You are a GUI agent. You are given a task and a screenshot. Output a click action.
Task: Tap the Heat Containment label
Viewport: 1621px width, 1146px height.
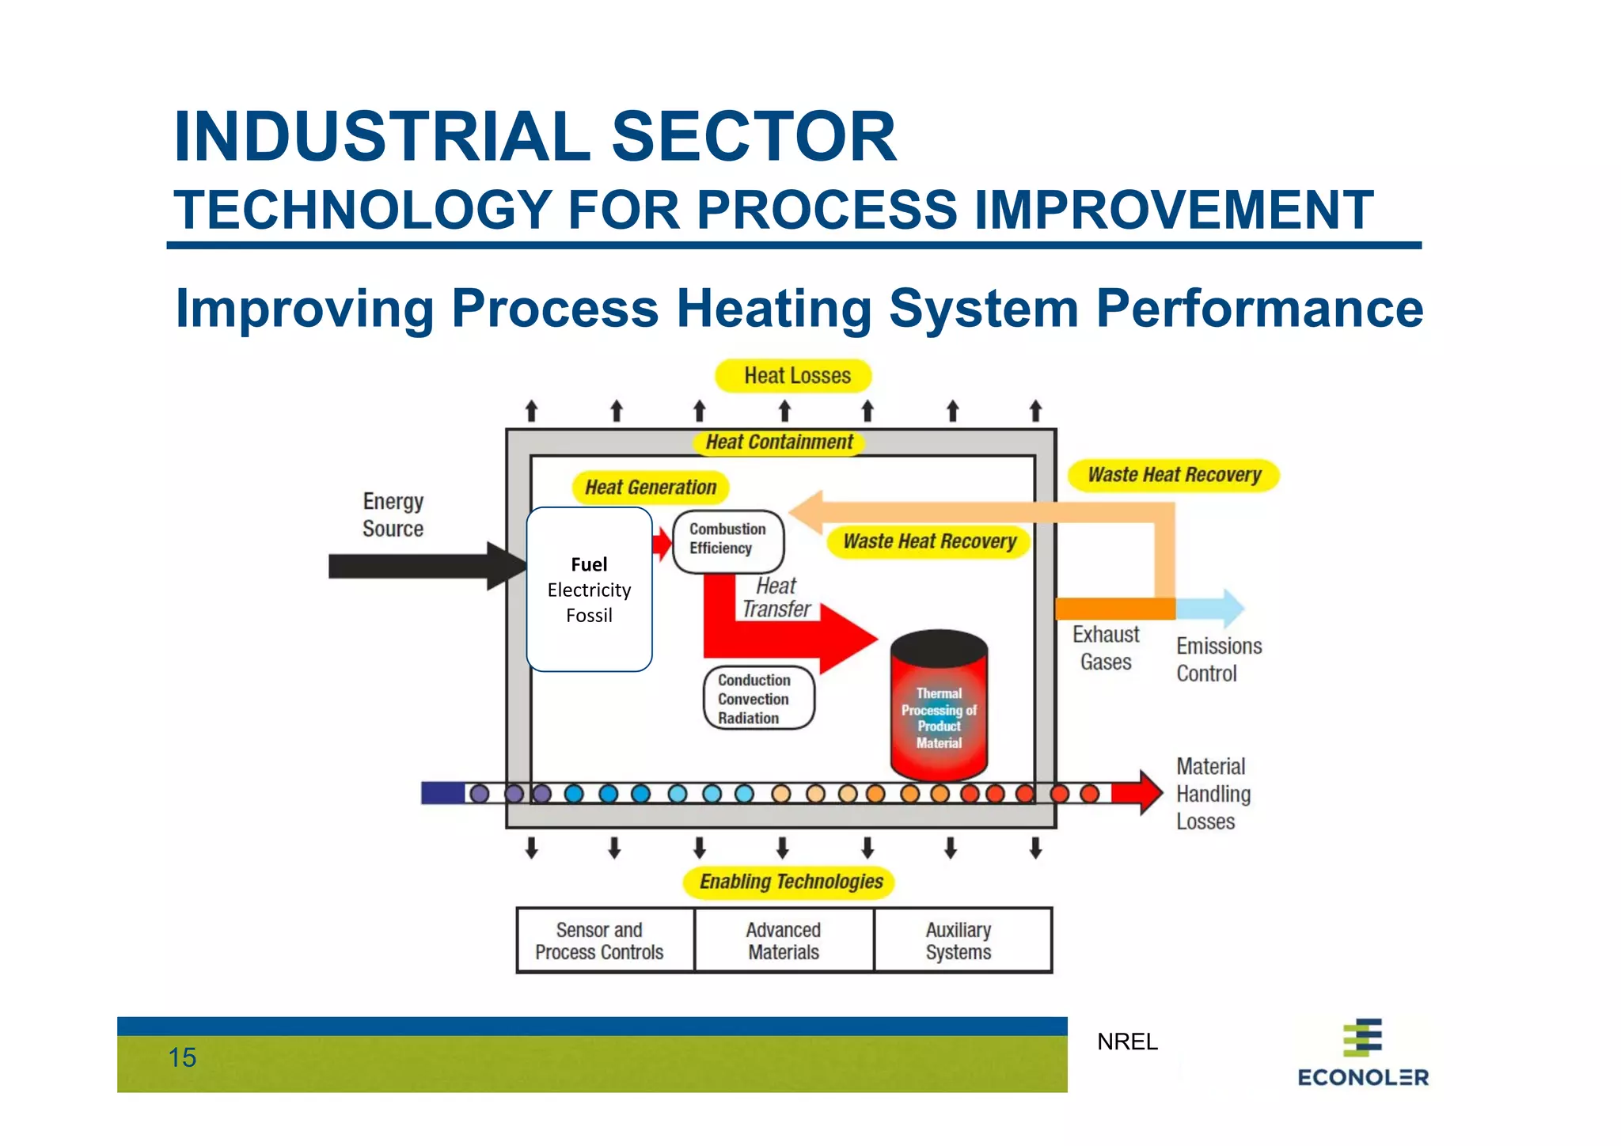[779, 442]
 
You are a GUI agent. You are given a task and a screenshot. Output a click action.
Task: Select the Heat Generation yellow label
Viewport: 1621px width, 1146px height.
[650, 488]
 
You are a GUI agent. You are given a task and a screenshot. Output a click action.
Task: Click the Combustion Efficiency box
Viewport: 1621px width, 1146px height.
[727, 541]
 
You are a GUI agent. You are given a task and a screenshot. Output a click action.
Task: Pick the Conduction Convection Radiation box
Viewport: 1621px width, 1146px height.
[757, 699]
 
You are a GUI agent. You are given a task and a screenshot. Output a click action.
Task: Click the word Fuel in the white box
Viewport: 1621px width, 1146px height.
[589, 565]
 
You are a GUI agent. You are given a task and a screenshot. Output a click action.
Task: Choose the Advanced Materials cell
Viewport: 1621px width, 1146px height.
[784, 941]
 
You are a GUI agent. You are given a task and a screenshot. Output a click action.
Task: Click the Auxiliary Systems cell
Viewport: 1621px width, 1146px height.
[959, 941]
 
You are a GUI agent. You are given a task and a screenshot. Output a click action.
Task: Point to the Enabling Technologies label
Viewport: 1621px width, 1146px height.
[790, 882]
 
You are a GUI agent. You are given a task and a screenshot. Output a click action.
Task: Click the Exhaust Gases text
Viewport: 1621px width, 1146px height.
[1106, 648]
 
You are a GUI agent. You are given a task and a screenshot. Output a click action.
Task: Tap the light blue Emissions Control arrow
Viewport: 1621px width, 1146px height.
[1211, 608]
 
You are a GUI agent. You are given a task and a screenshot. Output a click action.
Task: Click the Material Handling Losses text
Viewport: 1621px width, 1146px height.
[1213, 794]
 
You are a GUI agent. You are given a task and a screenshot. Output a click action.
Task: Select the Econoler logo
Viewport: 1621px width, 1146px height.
[1362, 1053]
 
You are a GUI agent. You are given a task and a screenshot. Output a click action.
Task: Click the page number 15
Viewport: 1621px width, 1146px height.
[182, 1058]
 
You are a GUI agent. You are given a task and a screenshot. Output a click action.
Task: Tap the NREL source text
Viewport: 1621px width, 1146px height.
[1127, 1042]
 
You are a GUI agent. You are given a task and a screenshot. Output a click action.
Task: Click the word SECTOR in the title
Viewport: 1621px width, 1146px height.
[754, 137]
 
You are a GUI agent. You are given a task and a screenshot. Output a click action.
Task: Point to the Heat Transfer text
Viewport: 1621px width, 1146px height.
[776, 598]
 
